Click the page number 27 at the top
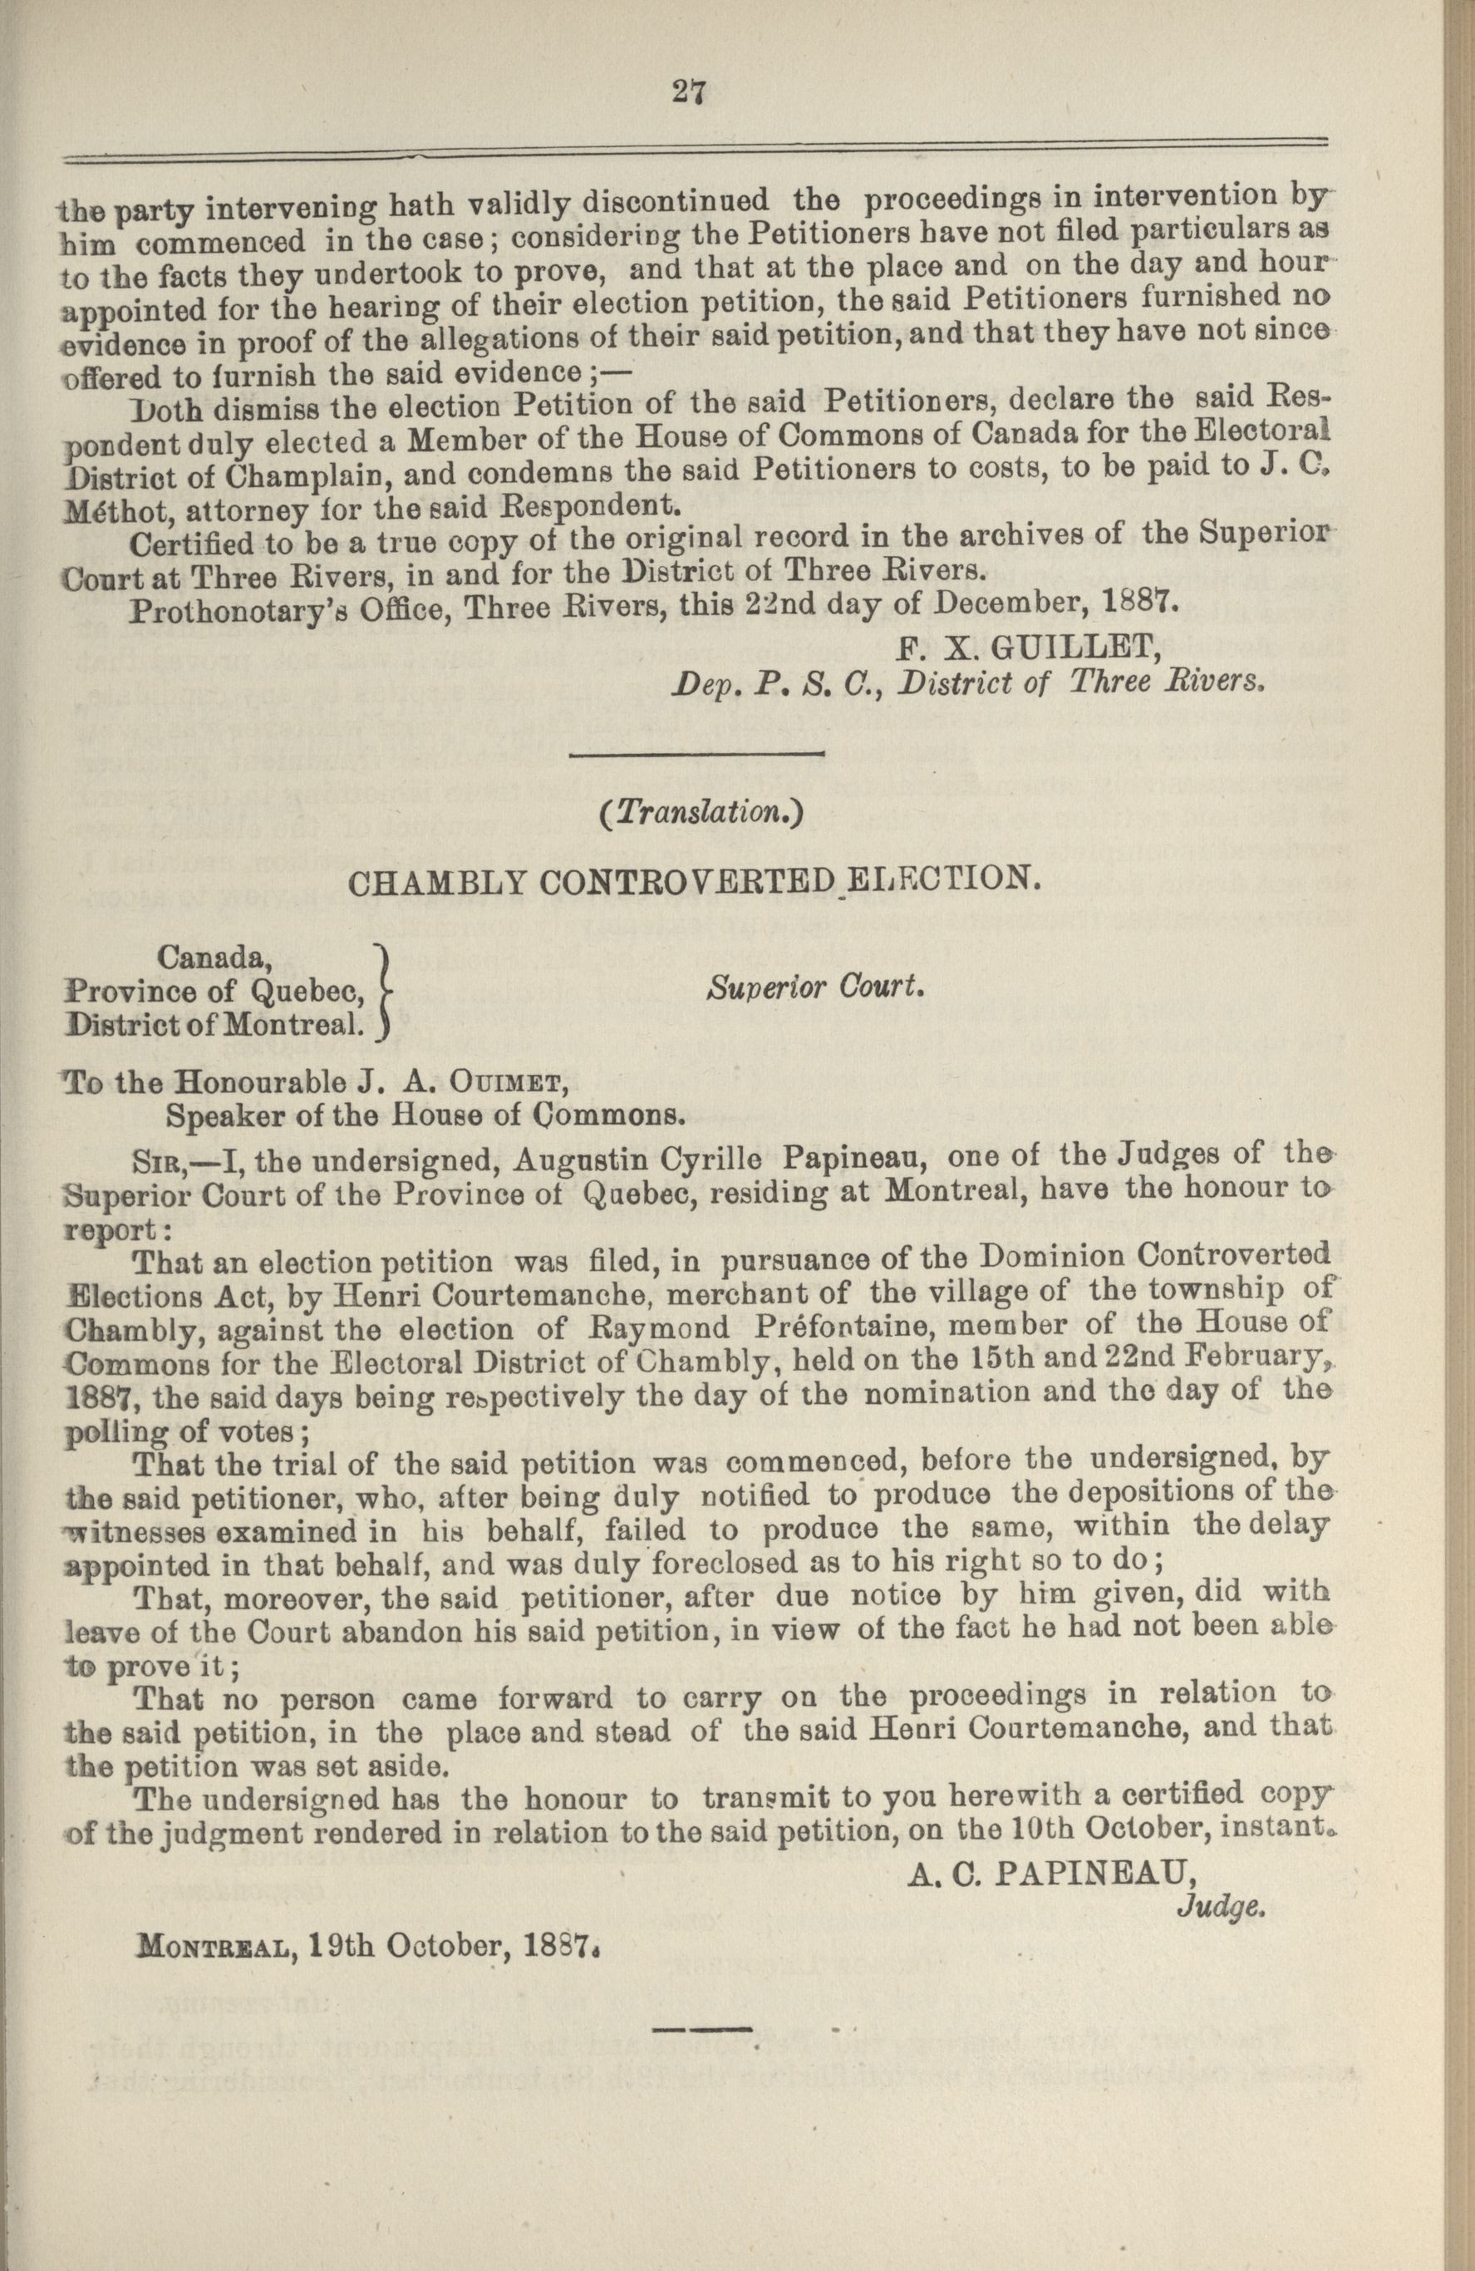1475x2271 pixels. [688, 91]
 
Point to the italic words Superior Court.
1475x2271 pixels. [817, 988]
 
